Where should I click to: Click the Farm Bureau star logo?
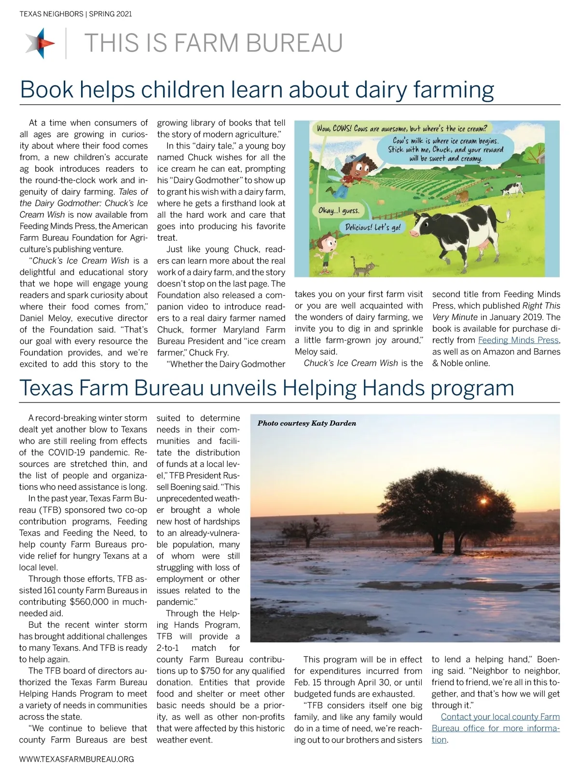(x=41, y=43)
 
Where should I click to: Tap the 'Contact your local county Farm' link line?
(x=500, y=717)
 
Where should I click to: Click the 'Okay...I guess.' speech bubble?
(x=338, y=211)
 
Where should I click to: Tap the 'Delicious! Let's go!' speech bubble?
(x=373, y=227)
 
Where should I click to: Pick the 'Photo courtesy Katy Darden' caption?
(x=307, y=423)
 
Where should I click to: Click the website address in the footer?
(x=76, y=759)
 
